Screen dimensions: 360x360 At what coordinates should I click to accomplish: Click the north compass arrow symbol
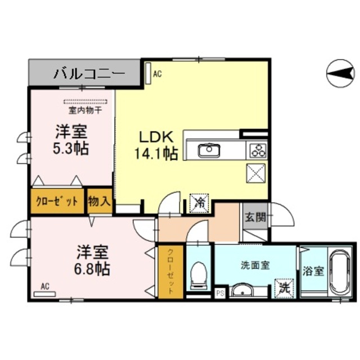pyautogui.click(x=340, y=74)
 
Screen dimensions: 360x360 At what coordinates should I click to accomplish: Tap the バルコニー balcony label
pyautogui.click(x=89, y=74)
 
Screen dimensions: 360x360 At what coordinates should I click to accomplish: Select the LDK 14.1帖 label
pyautogui.click(x=156, y=145)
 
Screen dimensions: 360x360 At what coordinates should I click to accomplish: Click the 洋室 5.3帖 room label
pyautogui.click(x=71, y=139)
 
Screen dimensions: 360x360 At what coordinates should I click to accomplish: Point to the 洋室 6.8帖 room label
pyautogui.click(x=92, y=260)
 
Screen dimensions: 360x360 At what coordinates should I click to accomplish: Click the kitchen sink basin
pyautogui.click(x=209, y=150)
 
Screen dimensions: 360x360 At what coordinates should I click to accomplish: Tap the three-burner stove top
pyautogui.click(x=256, y=150)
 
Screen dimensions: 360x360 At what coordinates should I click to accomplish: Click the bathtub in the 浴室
pyautogui.click(x=341, y=273)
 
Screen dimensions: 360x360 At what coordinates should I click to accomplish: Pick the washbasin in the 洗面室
pyautogui.click(x=242, y=290)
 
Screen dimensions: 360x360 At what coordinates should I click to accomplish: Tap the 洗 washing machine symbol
pyautogui.click(x=285, y=288)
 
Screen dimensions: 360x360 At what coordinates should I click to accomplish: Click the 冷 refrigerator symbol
pyautogui.click(x=199, y=203)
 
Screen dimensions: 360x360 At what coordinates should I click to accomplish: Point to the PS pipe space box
pyautogui.click(x=220, y=294)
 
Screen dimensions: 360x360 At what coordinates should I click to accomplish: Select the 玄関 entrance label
pyautogui.click(x=255, y=217)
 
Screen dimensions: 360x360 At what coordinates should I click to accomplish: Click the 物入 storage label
pyautogui.click(x=100, y=201)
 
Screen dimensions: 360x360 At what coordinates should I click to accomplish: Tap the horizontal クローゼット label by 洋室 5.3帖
pyautogui.click(x=57, y=201)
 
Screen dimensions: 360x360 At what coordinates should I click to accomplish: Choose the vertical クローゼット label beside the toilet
pyautogui.click(x=170, y=272)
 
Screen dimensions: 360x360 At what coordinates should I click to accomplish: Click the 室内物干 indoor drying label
pyautogui.click(x=85, y=111)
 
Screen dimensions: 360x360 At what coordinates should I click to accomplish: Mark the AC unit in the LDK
pyautogui.click(x=148, y=74)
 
